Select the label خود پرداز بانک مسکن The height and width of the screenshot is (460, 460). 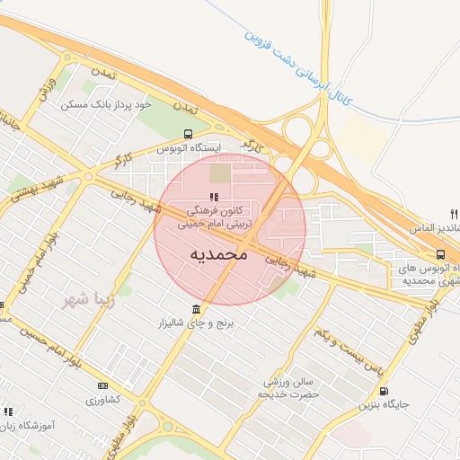point(106,105)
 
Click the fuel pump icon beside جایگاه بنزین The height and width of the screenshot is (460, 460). point(385,391)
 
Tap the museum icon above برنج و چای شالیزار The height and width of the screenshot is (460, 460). point(196,311)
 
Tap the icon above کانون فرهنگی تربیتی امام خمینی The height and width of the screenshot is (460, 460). point(213,197)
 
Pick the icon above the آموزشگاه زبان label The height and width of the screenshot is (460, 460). point(8,411)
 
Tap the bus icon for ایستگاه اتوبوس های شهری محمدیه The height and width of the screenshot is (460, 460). point(440,254)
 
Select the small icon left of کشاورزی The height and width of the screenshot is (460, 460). point(101,386)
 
